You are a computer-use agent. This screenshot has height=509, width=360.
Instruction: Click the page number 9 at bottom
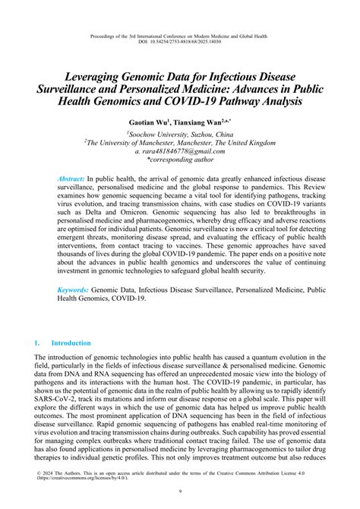[x=180, y=496]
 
